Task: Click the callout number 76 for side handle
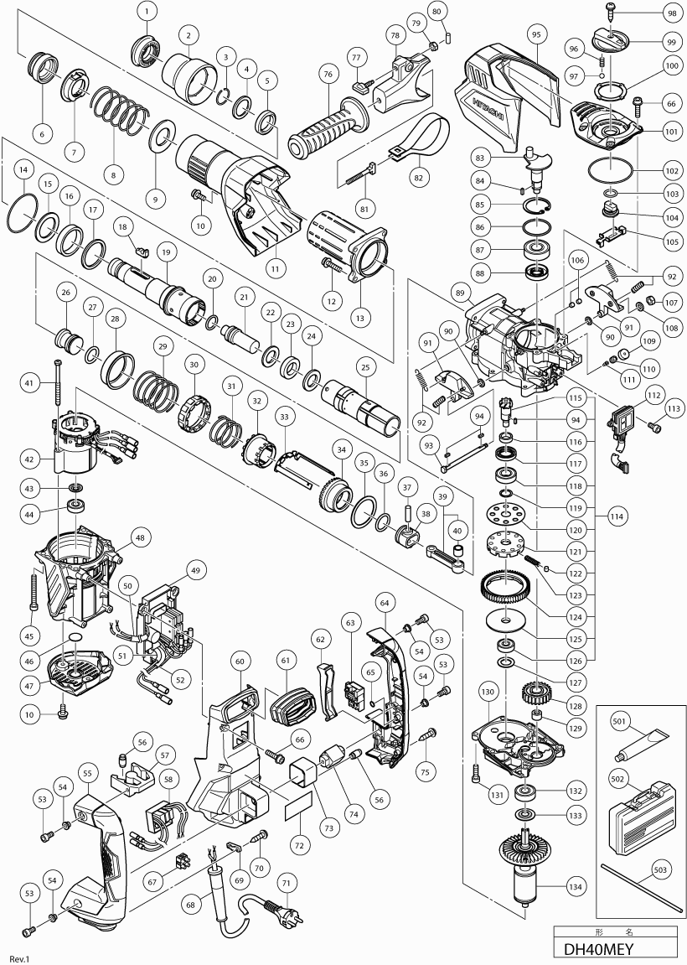(326, 75)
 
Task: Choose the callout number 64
(385, 603)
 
